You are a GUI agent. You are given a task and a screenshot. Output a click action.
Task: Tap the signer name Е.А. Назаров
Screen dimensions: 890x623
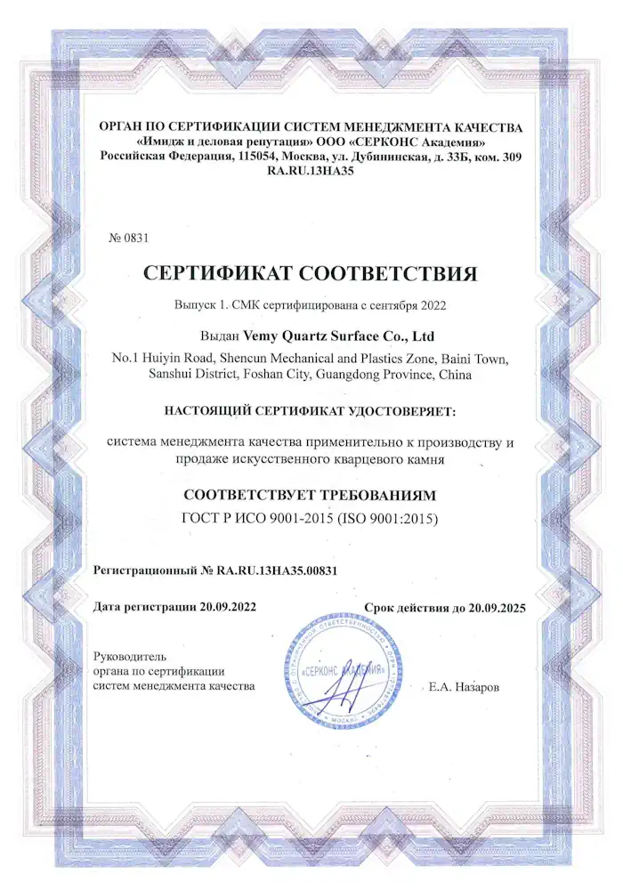tap(464, 687)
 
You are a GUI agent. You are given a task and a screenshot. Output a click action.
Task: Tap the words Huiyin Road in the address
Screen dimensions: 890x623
tap(174, 359)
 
